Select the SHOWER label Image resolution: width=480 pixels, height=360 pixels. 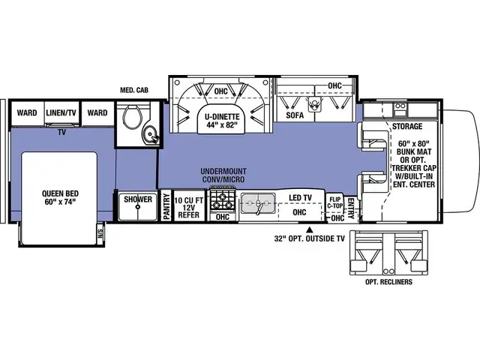pyautogui.click(x=138, y=200)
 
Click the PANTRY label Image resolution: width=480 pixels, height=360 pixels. pyautogui.click(x=166, y=208)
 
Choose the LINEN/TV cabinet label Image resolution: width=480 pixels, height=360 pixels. pyautogui.click(x=62, y=113)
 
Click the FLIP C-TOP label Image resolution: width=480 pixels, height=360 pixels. pyautogui.click(x=334, y=203)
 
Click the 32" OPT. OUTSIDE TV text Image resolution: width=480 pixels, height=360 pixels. pyautogui.click(x=309, y=241)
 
